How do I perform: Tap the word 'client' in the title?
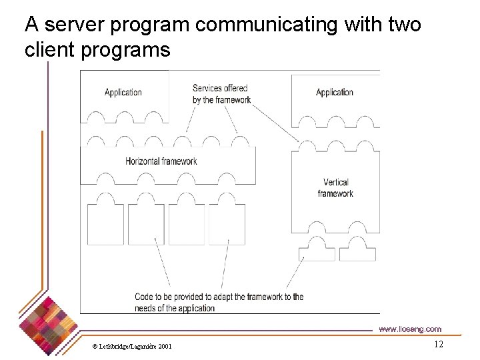click(50, 49)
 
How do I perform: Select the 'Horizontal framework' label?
click(161, 161)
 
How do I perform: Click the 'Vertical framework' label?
click(335, 187)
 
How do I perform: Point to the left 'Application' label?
click(123, 92)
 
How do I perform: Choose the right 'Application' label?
click(335, 92)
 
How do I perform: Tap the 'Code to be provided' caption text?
click(219, 302)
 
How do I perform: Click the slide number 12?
click(438, 344)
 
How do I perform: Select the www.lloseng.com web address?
click(409, 329)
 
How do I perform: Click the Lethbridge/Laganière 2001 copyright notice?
click(132, 346)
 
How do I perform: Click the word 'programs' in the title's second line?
click(126, 49)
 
